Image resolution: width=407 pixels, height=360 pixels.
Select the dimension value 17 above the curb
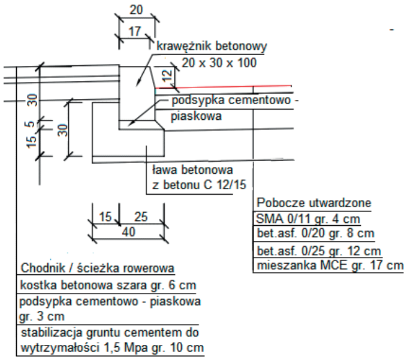[x=136, y=32]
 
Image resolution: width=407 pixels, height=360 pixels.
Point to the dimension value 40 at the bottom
[x=126, y=231]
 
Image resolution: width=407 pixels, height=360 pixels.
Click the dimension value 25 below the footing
[x=141, y=216]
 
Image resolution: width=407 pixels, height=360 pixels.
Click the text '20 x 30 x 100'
[x=215, y=62]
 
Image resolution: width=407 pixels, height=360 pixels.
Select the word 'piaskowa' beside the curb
[x=197, y=116]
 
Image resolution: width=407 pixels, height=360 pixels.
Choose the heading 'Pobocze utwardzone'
[x=313, y=202]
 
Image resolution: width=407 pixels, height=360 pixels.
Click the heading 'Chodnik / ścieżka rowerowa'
[x=98, y=267]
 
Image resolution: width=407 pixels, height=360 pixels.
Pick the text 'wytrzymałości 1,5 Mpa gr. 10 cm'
[x=112, y=347]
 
